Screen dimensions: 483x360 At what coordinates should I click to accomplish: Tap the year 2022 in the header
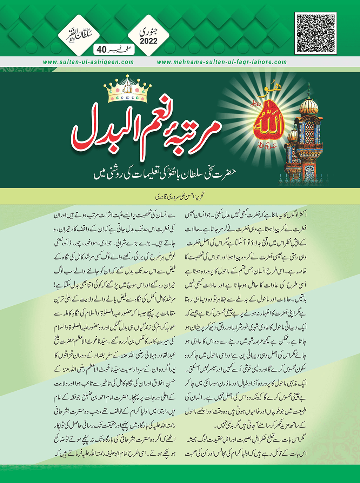(149, 41)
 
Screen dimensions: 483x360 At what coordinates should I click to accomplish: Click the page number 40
(101, 50)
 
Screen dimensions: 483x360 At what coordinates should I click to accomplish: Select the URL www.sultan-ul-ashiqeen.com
(88, 62)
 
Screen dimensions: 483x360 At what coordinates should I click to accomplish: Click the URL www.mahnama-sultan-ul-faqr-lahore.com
(222, 62)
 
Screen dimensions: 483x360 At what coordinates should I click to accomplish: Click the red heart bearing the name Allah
(267, 123)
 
